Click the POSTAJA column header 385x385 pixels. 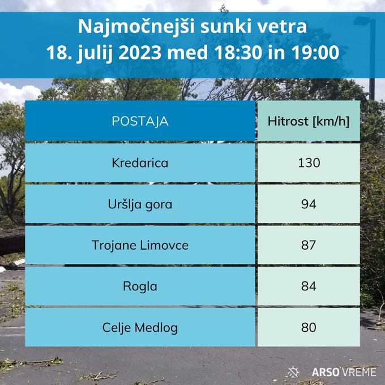pos(140,121)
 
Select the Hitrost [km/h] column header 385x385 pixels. pos(309,121)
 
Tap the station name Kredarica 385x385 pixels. pos(140,163)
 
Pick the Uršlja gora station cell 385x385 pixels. pos(140,204)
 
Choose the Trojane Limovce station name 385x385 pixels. pos(140,245)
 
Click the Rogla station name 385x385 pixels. pos(140,286)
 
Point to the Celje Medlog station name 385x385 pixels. pos(140,328)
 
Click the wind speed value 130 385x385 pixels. pos(309,163)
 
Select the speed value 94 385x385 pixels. pos(309,204)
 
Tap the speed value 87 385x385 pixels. pos(309,245)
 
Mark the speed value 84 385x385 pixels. pos(309,286)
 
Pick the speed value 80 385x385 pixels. pos(309,327)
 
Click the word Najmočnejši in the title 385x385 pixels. pos(136,28)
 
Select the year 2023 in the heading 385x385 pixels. pos(140,53)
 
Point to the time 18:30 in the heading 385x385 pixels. pos(238,53)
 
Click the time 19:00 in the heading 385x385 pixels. pos(315,53)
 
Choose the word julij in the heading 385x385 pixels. pos(95,54)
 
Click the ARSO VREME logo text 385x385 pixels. pos(344,372)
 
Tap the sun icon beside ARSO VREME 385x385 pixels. pos(293,372)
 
